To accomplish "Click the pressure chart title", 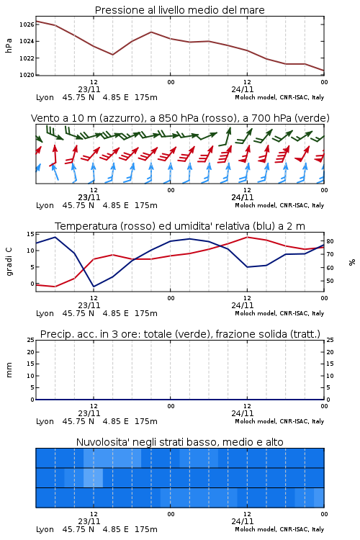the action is point(179,10).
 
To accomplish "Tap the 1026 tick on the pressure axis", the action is point(27,24).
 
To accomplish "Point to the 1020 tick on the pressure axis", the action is point(27,75).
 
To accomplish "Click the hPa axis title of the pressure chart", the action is point(9,45).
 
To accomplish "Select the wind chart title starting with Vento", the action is point(180,118).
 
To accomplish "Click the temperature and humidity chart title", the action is point(180,226).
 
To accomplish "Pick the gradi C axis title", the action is point(9,262).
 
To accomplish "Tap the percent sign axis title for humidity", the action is point(352,262).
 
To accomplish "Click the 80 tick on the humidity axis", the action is point(330,241).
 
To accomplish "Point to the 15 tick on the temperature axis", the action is point(30,234).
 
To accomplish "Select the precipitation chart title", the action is point(180,334).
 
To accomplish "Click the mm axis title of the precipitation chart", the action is point(9,370).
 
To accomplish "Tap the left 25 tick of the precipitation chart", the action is point(30,340).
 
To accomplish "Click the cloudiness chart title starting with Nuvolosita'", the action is point(179,442).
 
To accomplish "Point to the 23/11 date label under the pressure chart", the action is point(89,89).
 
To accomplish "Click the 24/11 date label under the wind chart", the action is point(242,197).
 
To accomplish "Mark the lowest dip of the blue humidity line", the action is point(94,287).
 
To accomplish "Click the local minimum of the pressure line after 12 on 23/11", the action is point(112,55).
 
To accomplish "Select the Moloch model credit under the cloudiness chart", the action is point(279,529).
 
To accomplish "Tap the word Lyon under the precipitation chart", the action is point(45,421).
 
